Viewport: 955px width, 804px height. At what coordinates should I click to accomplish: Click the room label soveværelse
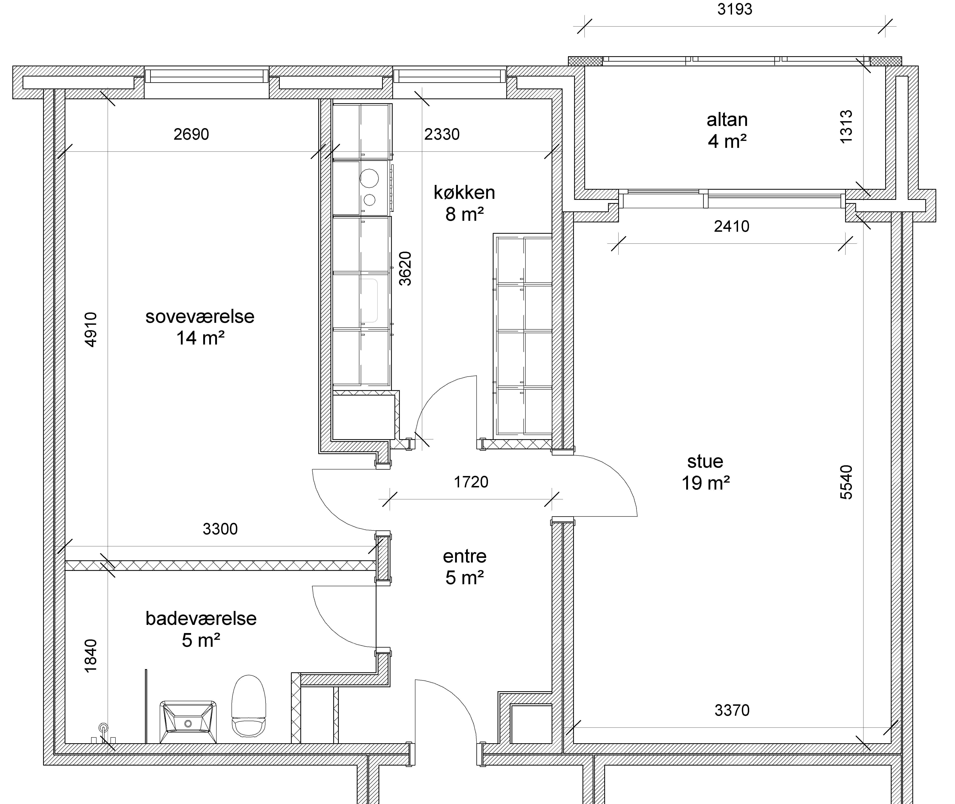200,316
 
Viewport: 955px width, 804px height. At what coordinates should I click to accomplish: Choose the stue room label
705,462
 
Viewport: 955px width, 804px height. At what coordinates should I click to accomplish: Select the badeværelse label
201,618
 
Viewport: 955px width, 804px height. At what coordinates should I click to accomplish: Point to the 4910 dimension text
91,330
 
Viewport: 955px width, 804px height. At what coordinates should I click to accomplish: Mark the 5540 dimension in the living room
846,482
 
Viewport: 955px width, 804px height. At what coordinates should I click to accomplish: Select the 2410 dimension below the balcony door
731,226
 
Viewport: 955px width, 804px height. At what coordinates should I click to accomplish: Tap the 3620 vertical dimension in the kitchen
405,268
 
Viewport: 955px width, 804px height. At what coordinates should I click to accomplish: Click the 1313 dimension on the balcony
846,127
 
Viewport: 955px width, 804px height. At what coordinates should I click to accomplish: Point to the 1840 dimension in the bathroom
91,655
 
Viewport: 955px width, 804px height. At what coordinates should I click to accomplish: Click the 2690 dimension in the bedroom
191,134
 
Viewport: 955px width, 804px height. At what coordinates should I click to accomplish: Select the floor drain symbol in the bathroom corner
103,727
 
